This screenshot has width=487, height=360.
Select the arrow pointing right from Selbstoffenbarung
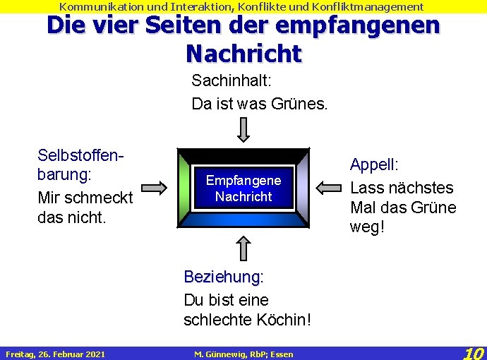(x=153, y=188)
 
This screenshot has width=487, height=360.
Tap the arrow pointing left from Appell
(x=328, y=188)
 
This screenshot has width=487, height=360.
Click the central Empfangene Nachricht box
(x=243, y=188)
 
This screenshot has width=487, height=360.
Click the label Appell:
(x=374, y=165)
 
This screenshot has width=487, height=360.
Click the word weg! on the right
(x=367, y=227)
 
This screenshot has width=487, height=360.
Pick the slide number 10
(x=474, y=352)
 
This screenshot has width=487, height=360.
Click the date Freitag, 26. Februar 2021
(x=55, y=354)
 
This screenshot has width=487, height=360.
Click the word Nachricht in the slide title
(x=243, y=52)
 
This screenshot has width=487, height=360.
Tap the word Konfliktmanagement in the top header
(x=367, y=6)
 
